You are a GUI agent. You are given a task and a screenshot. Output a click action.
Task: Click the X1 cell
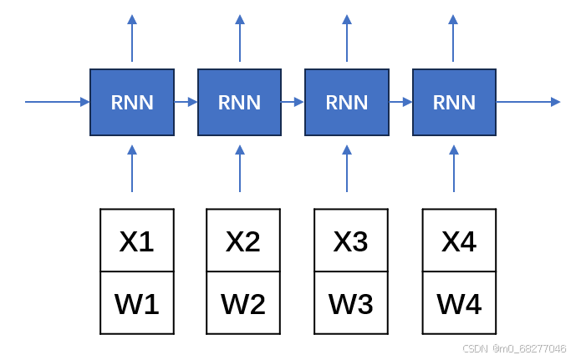137,241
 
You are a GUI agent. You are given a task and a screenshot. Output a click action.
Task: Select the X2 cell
243,241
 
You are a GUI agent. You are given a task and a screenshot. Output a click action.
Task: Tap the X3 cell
351,241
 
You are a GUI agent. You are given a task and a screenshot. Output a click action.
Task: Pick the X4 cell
459,241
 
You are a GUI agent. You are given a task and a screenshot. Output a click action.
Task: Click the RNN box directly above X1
132,102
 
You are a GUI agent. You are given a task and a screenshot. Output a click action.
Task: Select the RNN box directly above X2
239,102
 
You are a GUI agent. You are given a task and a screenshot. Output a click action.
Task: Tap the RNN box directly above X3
346,102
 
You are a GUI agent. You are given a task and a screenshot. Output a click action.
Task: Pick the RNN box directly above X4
454,102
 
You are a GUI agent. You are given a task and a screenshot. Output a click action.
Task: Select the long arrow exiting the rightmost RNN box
528,102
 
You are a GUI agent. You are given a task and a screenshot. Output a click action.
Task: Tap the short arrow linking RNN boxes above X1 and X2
186,102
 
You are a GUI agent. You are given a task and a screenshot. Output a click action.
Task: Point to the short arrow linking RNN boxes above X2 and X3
293,102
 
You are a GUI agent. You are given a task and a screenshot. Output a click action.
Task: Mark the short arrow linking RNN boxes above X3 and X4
400,102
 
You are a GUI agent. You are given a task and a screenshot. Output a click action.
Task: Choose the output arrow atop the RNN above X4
454,38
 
